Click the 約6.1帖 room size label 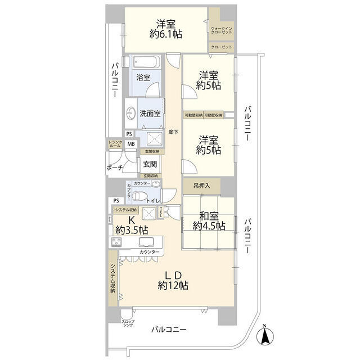165,35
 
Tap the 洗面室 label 150,113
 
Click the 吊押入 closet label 201,186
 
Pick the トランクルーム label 115,144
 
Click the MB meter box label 131,144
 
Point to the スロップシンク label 128,324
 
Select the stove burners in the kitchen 118,242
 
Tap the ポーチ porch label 115,168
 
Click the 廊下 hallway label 173,133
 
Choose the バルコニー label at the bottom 169,331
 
